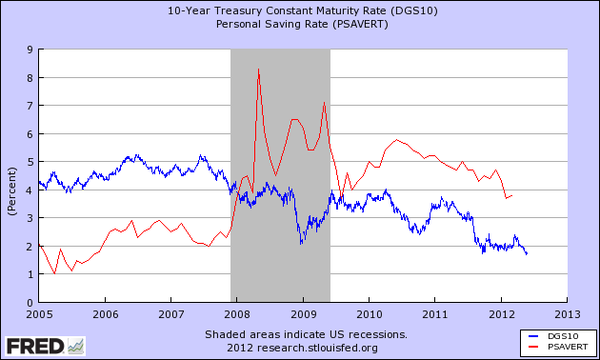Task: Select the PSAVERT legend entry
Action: [552, 348]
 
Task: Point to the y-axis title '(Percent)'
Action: [11, 175]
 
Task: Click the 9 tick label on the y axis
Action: [30, 50]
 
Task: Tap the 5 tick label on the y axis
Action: [30, 162]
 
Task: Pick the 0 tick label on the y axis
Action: [30, 303]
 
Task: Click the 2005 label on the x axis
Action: [39, 313]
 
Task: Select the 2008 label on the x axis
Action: [237, 313]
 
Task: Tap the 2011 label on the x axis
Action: [435, 313]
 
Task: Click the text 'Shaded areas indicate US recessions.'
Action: [306, 335]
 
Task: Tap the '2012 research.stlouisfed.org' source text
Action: [306, 348]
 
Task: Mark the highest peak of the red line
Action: [258, 70]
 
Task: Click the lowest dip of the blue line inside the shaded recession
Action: [301, 244]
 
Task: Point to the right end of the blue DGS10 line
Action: [527, 253]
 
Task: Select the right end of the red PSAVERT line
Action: [512, 195]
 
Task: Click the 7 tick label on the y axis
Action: [30, 106]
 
